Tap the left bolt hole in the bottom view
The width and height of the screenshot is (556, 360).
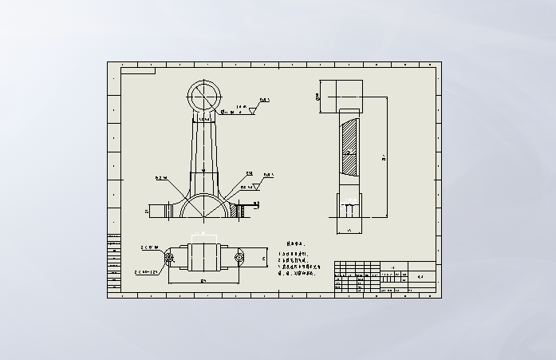(169, 257)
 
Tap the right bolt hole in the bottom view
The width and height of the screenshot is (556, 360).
(239, 257)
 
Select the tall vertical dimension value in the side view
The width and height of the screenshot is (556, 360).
(384, 158)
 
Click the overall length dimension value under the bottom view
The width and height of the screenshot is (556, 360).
(203, 282)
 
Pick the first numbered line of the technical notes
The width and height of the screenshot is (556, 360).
(292, 252)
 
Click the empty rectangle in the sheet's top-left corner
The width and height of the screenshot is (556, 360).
(138, 71)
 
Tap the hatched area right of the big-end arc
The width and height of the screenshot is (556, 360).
(236, 210)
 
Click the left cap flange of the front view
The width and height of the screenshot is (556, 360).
(164, 211)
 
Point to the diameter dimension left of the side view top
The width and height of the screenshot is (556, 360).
(317, 97)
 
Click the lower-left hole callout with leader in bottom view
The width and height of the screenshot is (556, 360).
(151, 272)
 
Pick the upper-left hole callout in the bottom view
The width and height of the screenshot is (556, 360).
(150, 247)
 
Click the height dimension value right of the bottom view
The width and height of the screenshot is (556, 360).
(264, 259)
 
